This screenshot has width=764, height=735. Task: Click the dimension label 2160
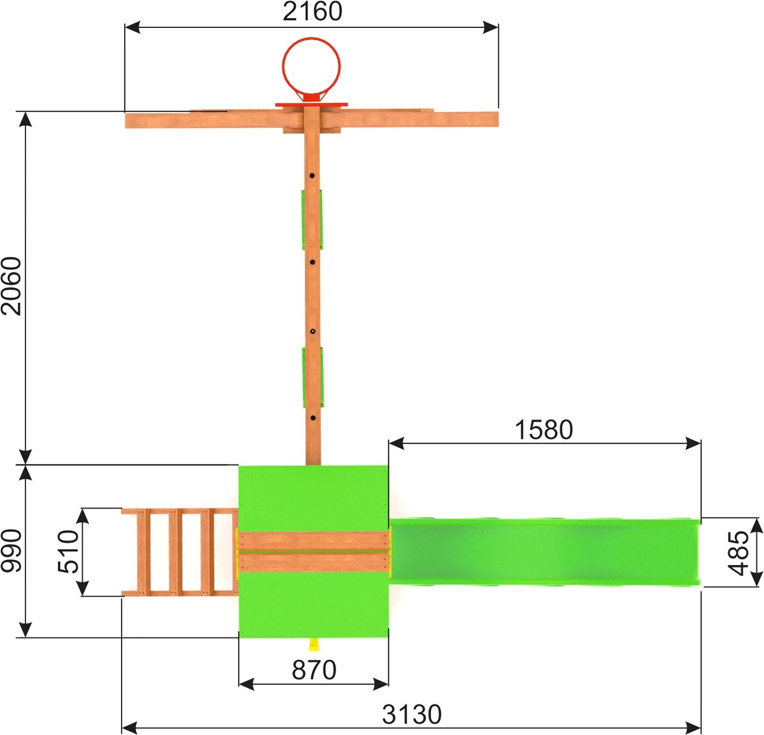(312, 11)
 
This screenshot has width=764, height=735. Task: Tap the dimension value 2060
(11, 286)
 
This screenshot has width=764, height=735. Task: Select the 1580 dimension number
(543, 430)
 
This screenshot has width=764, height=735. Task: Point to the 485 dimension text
(739, 553)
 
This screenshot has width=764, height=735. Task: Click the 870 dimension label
(314, 670)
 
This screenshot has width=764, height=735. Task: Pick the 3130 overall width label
(411, 715)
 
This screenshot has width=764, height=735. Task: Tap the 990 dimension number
(11, 550)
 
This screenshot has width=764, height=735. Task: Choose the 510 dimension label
(68, 551)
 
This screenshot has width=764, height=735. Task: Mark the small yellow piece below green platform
(314, 644)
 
